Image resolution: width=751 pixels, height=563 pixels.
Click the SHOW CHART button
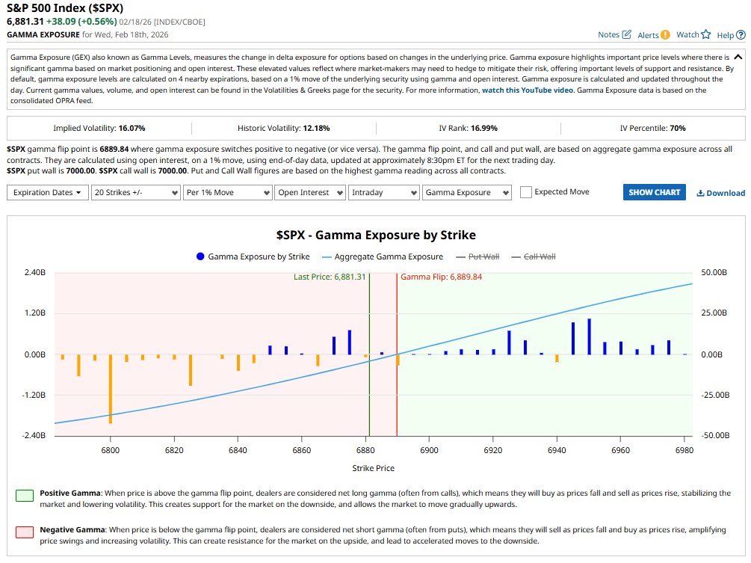[x=654, y=192]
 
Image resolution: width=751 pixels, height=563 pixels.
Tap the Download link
[x=720, y=193]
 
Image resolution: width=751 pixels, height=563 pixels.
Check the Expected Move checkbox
[x=526, y=192]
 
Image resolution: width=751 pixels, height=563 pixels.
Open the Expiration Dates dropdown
[x=48, y=192]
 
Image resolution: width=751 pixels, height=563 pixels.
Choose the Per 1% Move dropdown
[x=226, y=192]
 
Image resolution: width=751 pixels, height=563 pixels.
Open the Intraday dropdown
[x=383, y=192]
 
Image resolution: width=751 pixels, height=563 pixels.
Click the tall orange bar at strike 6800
[x=111, y=388]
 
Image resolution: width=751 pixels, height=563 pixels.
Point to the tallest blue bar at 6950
[x=589, y=336]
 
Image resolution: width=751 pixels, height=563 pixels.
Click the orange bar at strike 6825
[x=191, y=370]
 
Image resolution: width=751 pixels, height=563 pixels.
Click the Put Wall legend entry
[x=483, y=256]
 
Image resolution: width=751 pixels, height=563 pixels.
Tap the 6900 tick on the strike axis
[x=429, y=450]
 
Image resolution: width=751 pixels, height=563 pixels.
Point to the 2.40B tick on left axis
[x=35, y=273]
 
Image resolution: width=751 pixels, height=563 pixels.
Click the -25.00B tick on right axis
[x=714, y=395]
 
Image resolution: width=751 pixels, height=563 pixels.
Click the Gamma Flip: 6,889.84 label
[x=441, y=277]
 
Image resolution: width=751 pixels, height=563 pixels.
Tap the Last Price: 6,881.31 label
[x=329, y=277]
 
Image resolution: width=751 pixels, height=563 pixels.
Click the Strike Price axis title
[x=373, y=468]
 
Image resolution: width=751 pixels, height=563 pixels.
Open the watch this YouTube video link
[x=528, y=90]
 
